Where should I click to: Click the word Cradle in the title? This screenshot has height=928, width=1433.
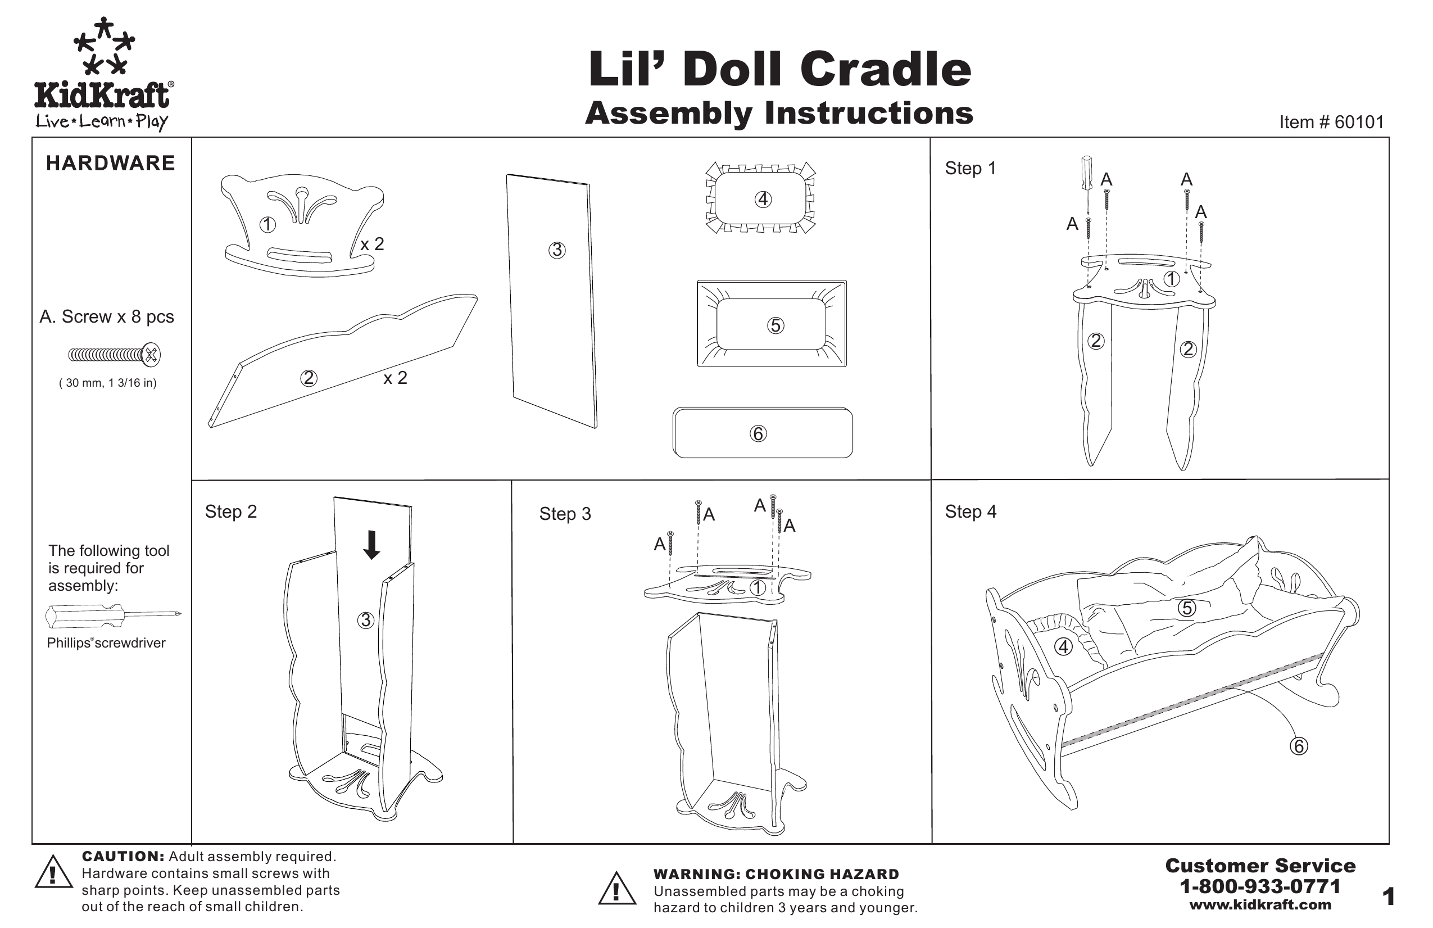[x=886, y=69]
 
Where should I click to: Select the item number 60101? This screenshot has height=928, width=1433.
[x=1359, y=122]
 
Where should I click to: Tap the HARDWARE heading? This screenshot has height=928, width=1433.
[x=110, y=163]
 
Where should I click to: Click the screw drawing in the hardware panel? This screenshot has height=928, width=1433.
[x=115, y=355]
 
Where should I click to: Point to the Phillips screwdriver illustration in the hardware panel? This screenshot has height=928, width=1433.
[x=113, y=615]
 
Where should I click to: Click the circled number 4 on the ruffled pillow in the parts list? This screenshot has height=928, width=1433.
[x=763, y=200]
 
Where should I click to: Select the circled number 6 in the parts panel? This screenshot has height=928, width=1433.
[x=758, y=433]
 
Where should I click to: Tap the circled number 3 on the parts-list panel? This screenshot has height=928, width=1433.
[x=557, y=250]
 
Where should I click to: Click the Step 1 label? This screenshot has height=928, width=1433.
[x=970, y=168]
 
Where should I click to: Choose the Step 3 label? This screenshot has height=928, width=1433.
[x=565, y=514]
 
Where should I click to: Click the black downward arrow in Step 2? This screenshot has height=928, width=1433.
[x=372, y=545]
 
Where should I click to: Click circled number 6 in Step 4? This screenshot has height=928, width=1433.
[x=1299, y=746]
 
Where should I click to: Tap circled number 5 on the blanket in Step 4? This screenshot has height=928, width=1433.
[x=1187, y=608]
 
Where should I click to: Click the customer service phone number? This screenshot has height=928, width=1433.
[x=1260, y=886]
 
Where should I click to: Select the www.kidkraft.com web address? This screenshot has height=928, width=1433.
[x=1260, y=904]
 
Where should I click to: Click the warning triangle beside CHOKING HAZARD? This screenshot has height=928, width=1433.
[x=616, y=888]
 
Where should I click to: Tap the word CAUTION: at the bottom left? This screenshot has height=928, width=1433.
[x=123, y=857]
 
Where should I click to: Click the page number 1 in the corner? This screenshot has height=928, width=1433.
[x=1389, y=897]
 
